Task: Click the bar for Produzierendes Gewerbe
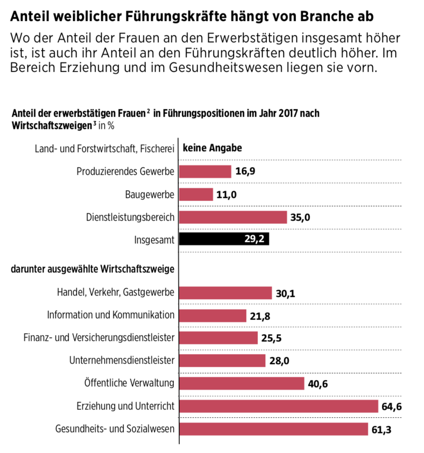[205, 172]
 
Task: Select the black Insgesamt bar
[224, 239]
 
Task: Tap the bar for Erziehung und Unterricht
[279, 406]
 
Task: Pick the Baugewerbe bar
[196, 194]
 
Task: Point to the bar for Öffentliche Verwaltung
[242, 383]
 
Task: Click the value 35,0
[300, 217]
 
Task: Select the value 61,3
[381, 429]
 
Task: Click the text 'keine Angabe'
[212, 148]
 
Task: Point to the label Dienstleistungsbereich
[130, 217]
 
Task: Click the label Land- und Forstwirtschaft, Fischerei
[105, 149]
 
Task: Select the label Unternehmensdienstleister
[122, 361]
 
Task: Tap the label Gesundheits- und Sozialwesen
[115, 429]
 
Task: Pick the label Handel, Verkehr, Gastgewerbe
[115, 293]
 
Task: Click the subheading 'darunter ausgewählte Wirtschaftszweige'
[93, 270]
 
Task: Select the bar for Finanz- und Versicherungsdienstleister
[218, 338]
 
